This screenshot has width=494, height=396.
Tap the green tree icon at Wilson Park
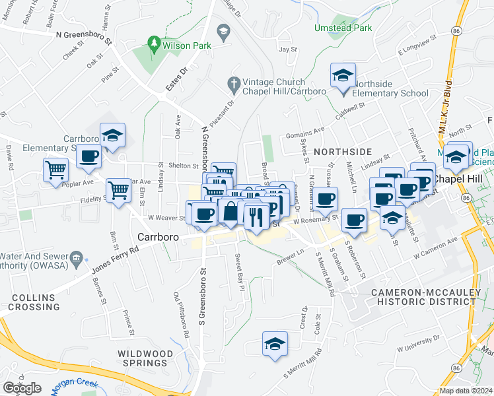coord(155,44)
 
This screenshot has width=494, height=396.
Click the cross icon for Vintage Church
coord(232,83)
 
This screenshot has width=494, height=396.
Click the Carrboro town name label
coord(155,236)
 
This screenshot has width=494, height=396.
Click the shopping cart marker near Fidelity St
coord(118,191)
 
